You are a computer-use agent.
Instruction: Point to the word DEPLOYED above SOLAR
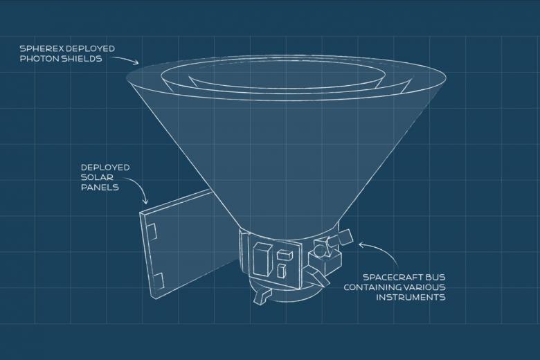(x=105, y=168)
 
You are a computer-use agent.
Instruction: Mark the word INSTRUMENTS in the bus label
(x=411, y=298)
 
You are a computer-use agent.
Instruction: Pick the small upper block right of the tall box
(x=281, y=249)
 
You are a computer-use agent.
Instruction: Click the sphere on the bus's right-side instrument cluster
(x=320, y=246)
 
